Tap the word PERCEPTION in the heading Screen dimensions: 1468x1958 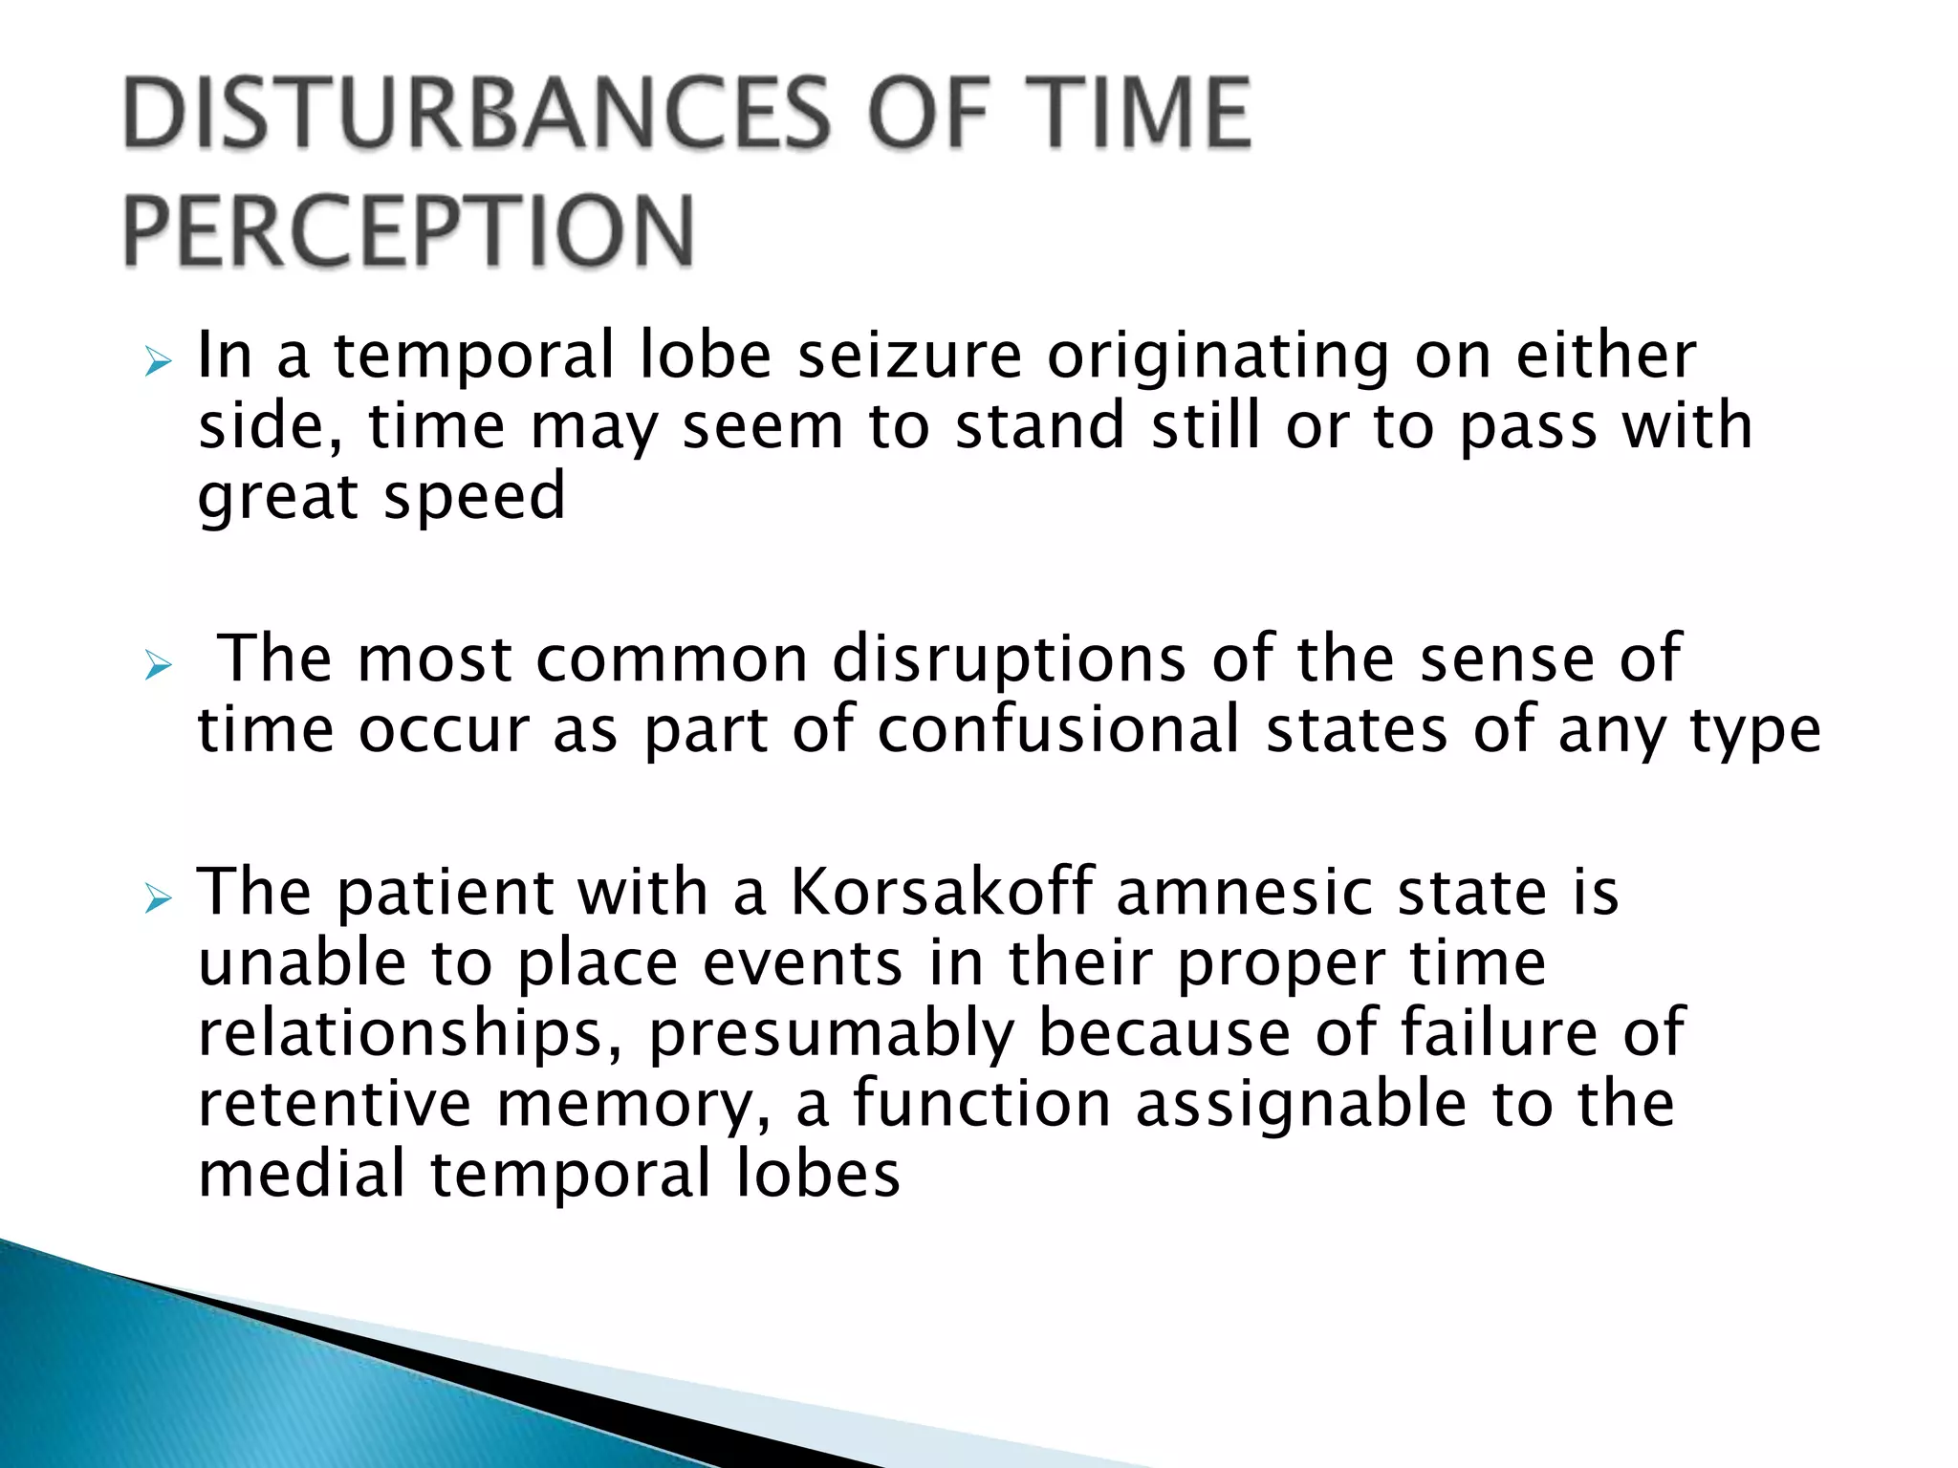click(x=408, y=231)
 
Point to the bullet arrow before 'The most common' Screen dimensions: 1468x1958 click(x=158, y=666)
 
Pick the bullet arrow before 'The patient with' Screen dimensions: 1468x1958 click(x=158, y=898)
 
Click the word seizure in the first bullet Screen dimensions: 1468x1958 click(x=909, y=356)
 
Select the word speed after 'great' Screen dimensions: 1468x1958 click(x=474, y=497)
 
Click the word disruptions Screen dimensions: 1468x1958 click(x=1009, y=659)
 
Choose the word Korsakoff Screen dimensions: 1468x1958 click(x=942, y=892)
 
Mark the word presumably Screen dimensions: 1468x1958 click(x=831, y=1034)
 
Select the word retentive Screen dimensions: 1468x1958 click(x=335, y=1104)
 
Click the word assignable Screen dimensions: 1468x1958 click(x=1301, y=1104)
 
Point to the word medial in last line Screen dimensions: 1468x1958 click(x=302, y=1174)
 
